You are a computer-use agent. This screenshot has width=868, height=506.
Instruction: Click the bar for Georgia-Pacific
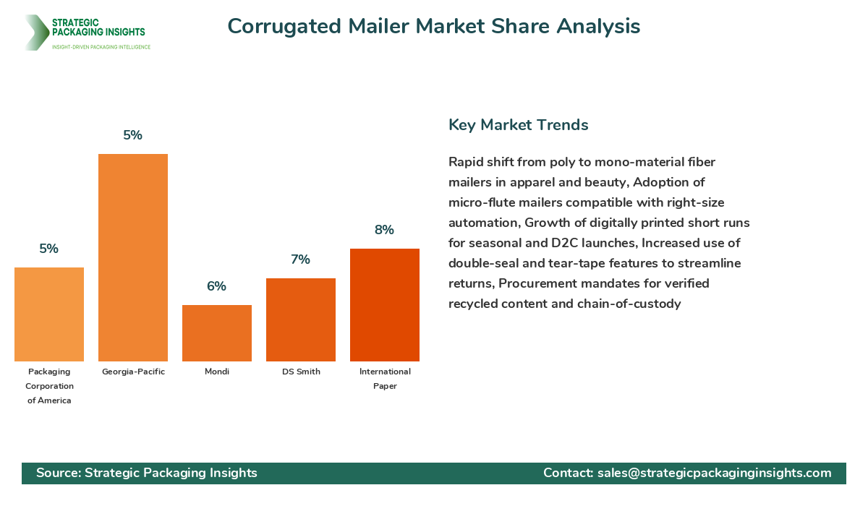133,257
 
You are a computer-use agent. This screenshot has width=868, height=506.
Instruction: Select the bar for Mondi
217,333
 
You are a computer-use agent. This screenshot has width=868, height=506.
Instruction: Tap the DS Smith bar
301,320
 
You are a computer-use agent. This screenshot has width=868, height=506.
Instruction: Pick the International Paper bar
385,305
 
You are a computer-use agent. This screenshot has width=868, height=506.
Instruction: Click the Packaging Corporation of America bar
49,314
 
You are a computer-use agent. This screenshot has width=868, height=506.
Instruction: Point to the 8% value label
384,230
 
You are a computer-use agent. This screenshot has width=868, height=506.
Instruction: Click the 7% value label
301,260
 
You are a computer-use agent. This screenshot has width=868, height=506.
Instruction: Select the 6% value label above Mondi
216,286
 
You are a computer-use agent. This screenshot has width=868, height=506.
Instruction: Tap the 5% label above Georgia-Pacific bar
133,135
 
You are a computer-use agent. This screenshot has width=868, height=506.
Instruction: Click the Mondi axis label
217,372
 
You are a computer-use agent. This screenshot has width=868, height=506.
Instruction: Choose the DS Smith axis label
301,372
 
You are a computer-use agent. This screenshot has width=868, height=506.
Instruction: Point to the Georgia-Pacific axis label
133,372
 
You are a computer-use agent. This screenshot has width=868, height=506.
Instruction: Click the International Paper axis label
385,379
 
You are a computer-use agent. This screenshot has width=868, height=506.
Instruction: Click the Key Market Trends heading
519,124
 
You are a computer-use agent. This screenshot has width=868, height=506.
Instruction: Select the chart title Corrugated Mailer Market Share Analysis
434,26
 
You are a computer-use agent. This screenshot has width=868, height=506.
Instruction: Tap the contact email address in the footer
714,473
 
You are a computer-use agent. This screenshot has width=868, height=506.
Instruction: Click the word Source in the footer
57,473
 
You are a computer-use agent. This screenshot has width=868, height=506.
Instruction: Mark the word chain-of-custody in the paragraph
629,304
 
